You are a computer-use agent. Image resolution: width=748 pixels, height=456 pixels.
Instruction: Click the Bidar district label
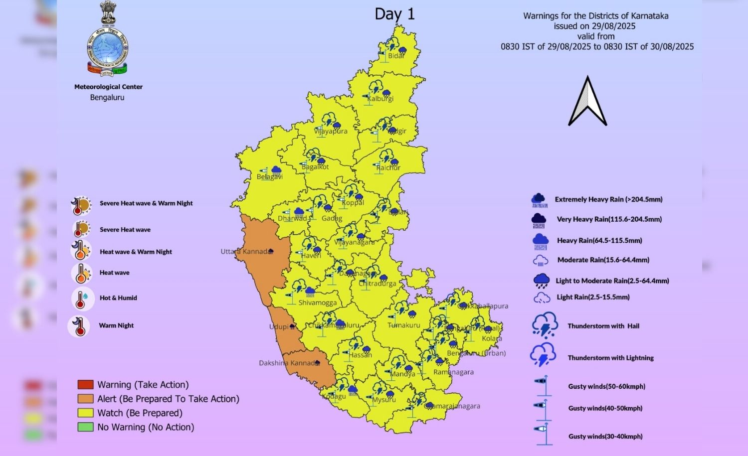396,56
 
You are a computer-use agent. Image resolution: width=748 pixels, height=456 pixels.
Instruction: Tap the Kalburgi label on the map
380,99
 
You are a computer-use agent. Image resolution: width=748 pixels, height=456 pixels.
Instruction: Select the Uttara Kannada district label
246,252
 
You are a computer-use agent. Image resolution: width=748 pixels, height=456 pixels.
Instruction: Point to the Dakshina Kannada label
289,363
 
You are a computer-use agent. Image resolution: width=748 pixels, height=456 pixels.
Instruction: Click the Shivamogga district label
317,303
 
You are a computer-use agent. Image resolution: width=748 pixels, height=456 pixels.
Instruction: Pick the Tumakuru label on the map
404,325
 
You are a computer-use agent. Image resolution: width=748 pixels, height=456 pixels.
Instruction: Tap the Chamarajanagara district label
452,406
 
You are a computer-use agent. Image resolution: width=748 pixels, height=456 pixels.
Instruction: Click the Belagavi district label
270,176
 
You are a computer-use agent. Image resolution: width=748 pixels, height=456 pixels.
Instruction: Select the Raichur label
388,167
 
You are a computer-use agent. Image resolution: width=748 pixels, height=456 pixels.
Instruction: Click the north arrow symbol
588,101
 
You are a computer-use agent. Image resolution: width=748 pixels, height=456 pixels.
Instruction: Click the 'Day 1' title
394,14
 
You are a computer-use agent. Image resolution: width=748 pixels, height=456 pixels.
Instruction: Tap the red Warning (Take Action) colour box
85,385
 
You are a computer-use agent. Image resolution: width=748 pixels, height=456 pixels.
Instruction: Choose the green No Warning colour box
85,427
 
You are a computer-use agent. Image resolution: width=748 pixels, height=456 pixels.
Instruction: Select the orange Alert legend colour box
85,399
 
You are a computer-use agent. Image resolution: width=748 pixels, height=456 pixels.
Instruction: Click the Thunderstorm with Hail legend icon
545,325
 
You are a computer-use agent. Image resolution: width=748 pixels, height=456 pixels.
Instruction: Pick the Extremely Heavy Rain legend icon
539,200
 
